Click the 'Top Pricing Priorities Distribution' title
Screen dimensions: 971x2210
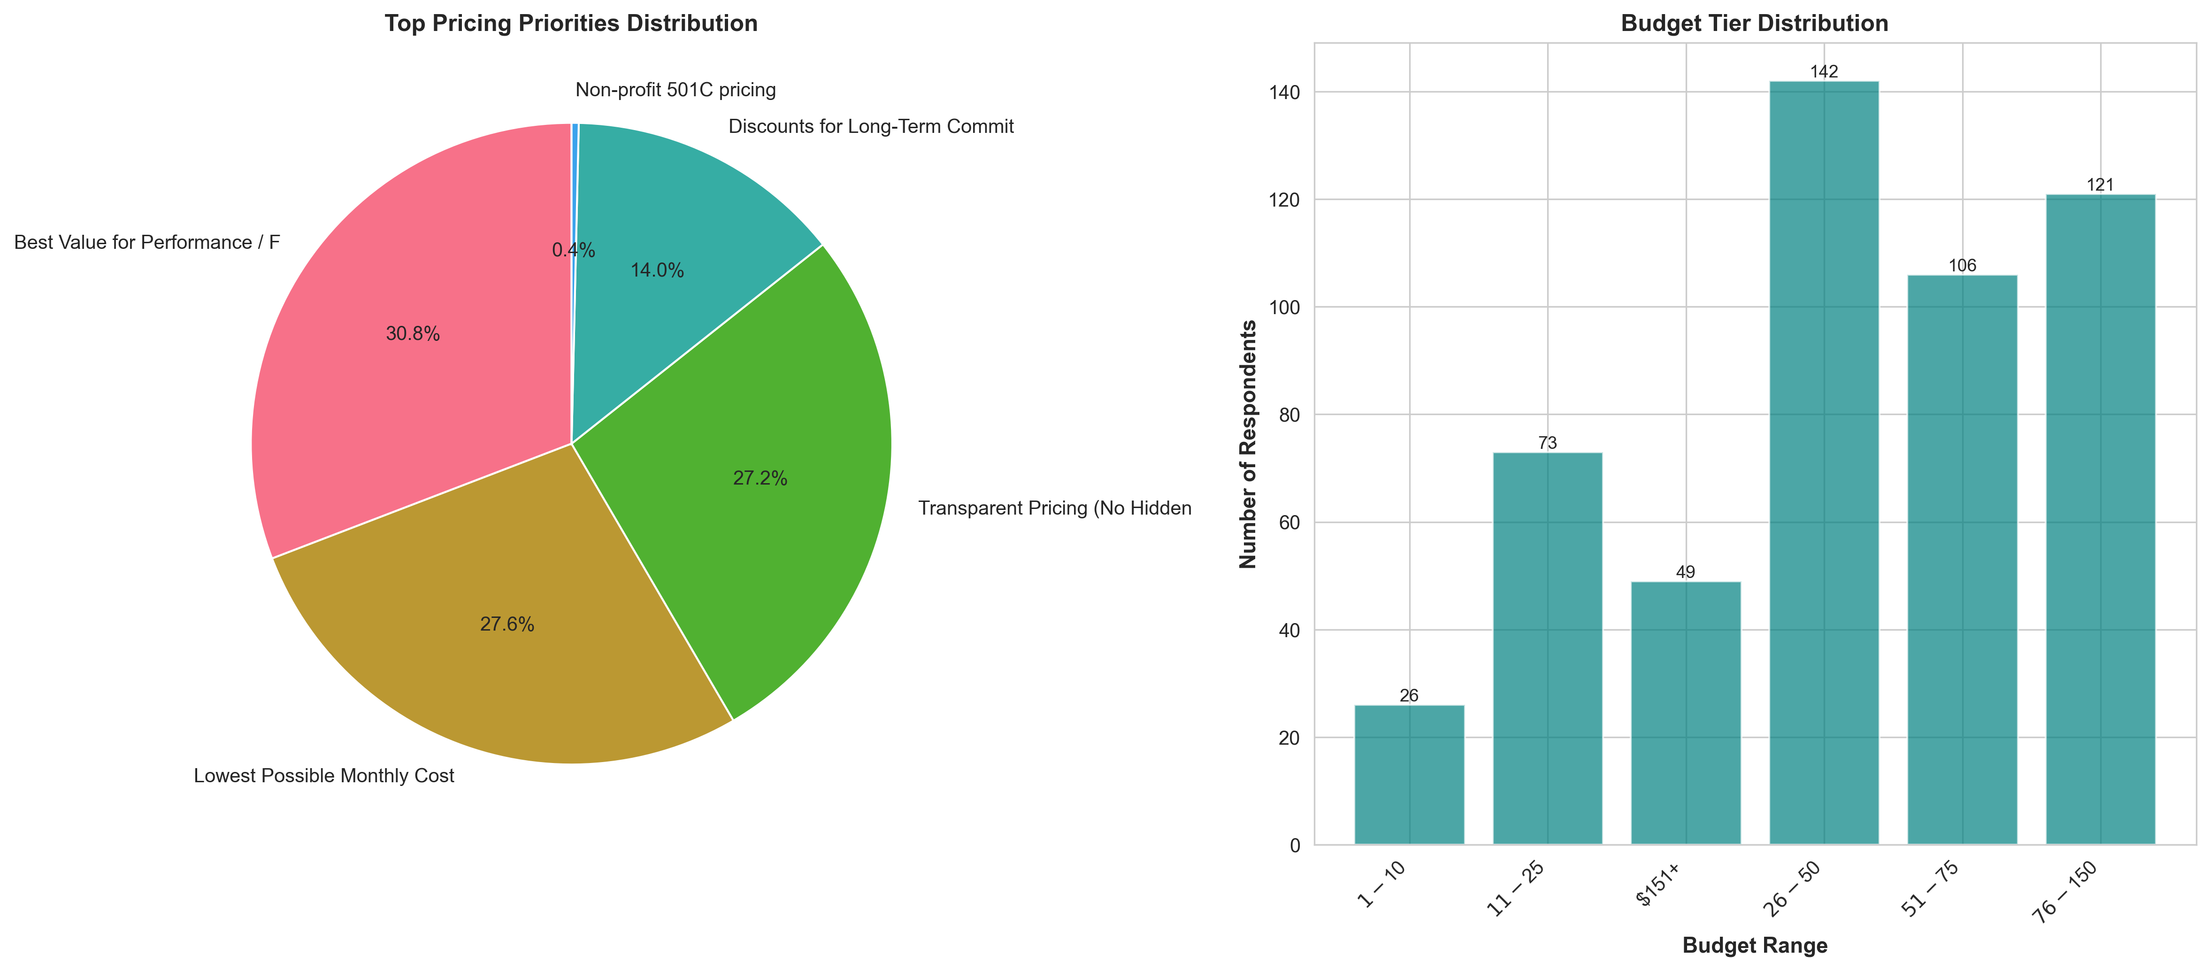pos(570,23)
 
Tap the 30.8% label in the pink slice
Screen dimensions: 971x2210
pos(413,334)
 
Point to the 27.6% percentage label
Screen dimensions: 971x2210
pos(507,624)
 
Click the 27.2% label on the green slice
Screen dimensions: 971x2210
pos(759,478)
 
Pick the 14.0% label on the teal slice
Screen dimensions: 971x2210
pos(657,271)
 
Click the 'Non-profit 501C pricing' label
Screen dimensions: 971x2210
pos(675,90)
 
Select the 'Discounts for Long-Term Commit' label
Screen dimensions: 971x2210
pos(871,127)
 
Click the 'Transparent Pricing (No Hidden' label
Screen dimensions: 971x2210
pos(1054,509)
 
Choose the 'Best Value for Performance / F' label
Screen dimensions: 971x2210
pos(147,243)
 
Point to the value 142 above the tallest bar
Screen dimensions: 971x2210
pos(1824,72)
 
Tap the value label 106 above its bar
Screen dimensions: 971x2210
pos(1962,266)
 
